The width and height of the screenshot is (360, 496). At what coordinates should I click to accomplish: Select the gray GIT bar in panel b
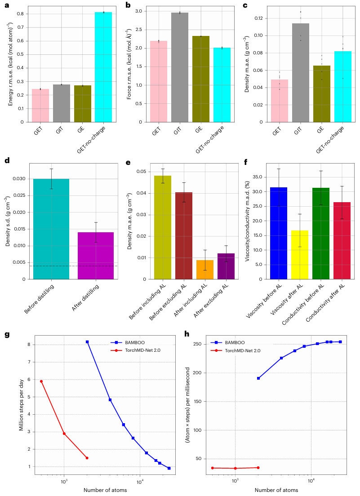click(179, 67)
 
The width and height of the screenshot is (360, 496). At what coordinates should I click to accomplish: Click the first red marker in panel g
click(41, 381)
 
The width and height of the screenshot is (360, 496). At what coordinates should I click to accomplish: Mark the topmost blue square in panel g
click(87, 342)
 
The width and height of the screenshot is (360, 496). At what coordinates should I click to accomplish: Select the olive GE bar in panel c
click(322, 93)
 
